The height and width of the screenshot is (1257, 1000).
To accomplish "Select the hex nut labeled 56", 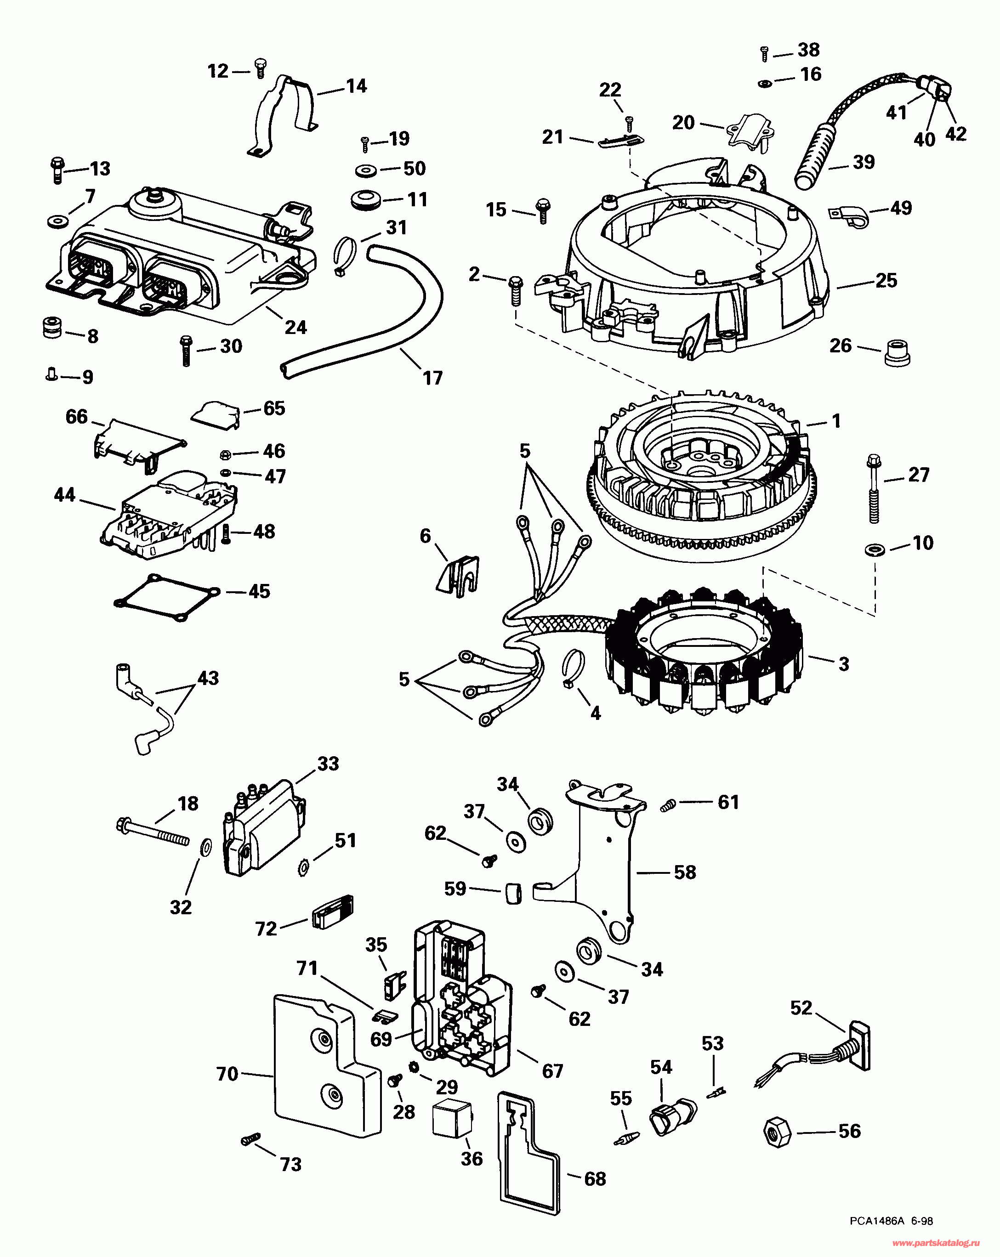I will pyautogui.click(x=777, y=1132).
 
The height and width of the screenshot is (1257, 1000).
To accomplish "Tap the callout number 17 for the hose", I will pyautogui.click(x=432, y=379).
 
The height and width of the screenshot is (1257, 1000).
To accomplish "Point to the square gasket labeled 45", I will pyautogui.click(x=166, y=598).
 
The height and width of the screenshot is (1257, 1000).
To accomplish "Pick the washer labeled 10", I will pyautogui.click(x=874, y=549).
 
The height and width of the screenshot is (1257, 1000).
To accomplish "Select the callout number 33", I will pyautogui.click(x=328, y=764).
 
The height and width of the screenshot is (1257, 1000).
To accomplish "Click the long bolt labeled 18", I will pyautogui.click(x=153, y=832).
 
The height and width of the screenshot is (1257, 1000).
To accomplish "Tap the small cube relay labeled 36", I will pyautogui.click(x=451, y=1120).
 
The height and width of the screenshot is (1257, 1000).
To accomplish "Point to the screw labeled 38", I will pyautogui.click(x=765, y=54).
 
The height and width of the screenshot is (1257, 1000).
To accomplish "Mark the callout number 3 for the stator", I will pyautogui.click(x=843, y=663).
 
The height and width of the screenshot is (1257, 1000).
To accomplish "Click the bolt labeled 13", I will pyautogui.click(x=57, y=170).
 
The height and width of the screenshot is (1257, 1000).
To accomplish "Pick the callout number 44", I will pyautogui.click(x=64, y=495).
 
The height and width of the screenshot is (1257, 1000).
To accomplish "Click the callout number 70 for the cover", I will pyautogui.click(x=227, y=1074).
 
